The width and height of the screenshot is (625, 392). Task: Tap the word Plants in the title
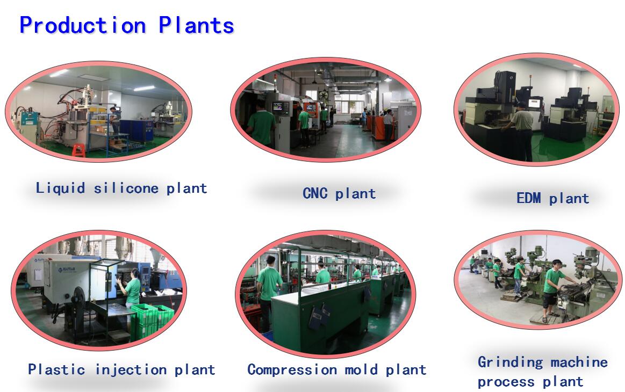196,25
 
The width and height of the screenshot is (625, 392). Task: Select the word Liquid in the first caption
60,188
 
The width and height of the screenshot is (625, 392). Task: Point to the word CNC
315,194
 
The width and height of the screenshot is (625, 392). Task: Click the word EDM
528,198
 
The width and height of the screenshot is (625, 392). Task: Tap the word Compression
291,370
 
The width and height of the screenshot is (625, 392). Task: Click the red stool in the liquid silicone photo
78,150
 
